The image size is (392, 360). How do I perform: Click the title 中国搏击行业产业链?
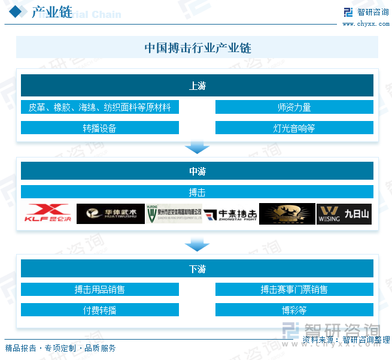(x=197, y=48)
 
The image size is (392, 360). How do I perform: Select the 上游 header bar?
(x=197, y=86)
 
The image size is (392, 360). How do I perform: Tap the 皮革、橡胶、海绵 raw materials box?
(x=100, y=108)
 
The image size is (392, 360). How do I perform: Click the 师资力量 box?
(x=294, y=108)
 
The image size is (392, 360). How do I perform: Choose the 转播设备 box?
(x=100, y=128)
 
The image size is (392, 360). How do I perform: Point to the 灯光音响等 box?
(x=294, y=128)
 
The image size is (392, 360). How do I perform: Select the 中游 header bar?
(x=197, y=171)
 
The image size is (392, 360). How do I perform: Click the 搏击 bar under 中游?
(x=197, y=192)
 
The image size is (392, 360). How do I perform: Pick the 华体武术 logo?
(x=111, y=214)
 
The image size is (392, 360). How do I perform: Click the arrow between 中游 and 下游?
(x=197, y=244)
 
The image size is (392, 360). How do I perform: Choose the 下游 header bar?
(x=197, y=269)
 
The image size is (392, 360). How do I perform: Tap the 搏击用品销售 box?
(x=100, y=290)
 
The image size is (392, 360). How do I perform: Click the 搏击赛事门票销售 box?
(x=294, y=290)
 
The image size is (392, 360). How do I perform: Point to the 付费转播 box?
(x=100, y=310)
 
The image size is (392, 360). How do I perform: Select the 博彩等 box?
(x=294, y=310)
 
